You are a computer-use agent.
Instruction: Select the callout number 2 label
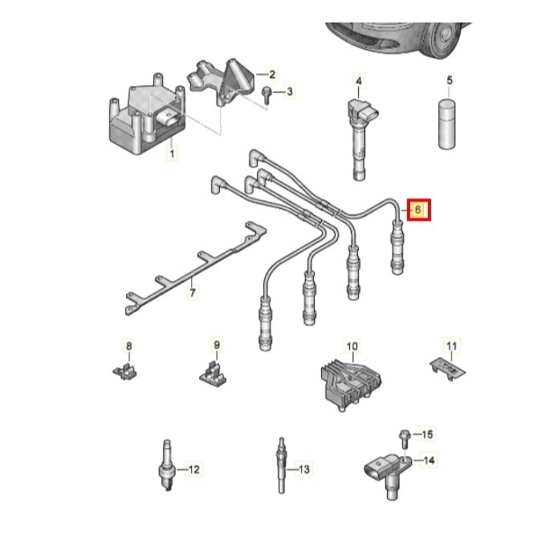(271, 74)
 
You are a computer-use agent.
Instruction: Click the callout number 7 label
(192, 294)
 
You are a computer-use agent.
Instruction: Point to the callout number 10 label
(352, 347)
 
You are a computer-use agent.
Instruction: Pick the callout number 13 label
(304, 468)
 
